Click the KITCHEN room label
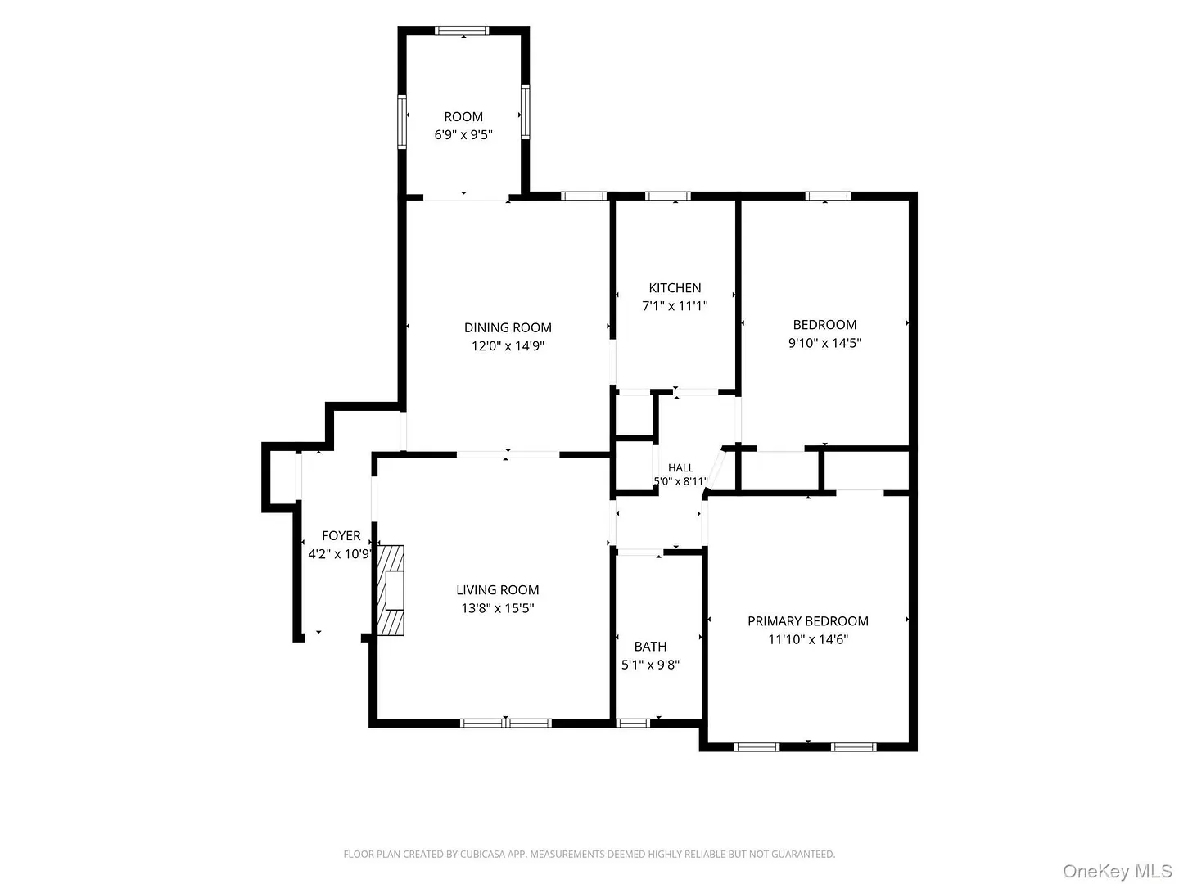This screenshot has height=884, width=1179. pos(674,287)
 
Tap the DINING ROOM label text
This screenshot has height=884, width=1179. pos(507,327)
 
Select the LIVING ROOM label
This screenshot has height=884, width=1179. pos(497,589)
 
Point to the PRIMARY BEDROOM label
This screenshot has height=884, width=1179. pos(807,620)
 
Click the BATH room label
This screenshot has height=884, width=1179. pos(650,646)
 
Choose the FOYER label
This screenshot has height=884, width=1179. pos(341,535)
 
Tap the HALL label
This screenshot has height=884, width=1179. pos(680,467)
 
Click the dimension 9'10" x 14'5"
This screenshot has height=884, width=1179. pos(824,342)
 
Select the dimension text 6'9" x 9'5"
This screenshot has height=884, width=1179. pos(463,134)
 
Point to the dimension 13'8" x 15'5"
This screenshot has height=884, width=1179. pos(497,607)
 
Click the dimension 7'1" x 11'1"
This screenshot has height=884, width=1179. pos(674,305)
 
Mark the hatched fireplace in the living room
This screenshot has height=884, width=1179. pos(390,590)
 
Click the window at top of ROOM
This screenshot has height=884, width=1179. pos(462,30)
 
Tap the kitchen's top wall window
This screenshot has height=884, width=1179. pos(667,196)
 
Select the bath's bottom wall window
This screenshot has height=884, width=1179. pos(632,723)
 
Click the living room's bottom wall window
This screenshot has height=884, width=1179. pos(505,723)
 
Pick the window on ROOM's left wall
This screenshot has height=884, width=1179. pos(401,121)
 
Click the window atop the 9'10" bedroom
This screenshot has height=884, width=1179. pos(827,196)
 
